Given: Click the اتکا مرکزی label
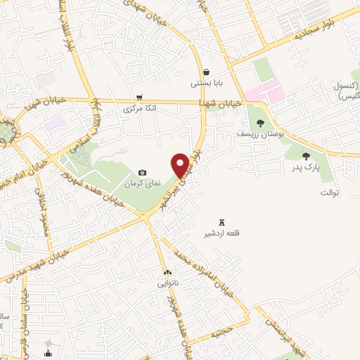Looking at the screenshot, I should coord(140,109).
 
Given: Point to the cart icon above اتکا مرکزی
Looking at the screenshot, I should coord(140,98).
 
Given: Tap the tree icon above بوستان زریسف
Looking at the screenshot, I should coord(260,122).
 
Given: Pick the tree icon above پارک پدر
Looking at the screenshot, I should coord(305,156).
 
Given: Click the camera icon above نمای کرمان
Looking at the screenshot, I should coord(143,172).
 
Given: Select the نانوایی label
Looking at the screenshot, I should coord(167,284).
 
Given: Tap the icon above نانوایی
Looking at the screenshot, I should coord(167,272).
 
